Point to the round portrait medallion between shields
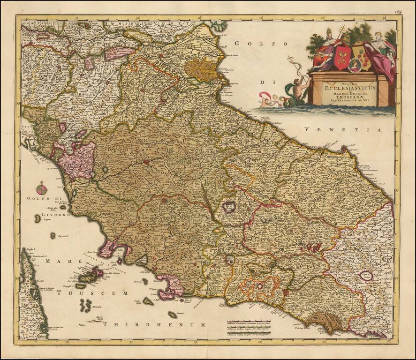click(x=354, y=66)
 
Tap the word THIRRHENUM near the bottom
click(x=155, y=324)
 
